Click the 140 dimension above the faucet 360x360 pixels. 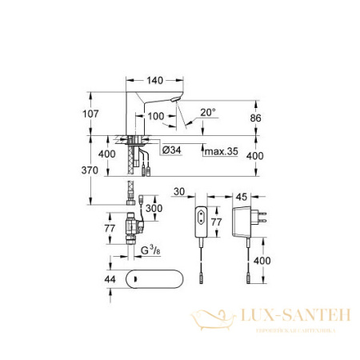coord(156,82)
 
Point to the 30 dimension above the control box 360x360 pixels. coord(178,191)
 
